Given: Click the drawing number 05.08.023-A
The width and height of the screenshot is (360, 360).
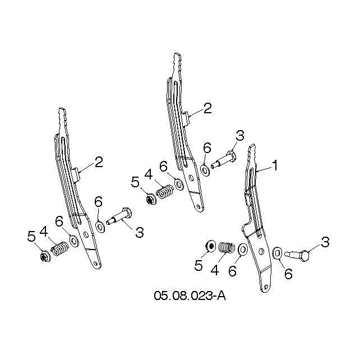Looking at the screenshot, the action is pos(190,296).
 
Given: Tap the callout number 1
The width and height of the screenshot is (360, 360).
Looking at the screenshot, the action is pos(275,165).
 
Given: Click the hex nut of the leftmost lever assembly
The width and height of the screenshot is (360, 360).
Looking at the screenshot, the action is pos(44,257).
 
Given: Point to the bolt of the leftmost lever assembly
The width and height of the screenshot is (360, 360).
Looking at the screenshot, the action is pos(119,216).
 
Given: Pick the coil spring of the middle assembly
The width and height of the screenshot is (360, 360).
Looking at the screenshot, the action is pos(165,191).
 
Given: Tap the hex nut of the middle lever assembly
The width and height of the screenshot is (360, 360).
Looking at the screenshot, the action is pos(151,199).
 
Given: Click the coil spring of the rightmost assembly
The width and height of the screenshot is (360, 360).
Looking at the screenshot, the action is pos(227,248).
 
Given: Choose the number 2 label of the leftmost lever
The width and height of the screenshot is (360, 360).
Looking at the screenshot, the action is pos(99,162).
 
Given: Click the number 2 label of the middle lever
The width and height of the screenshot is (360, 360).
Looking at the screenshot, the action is pos(207,108).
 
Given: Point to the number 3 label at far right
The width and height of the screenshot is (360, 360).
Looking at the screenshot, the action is pos(325,242).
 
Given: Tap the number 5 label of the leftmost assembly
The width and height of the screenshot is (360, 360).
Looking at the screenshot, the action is pos(31,236).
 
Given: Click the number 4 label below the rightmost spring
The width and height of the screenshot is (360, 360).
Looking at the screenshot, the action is pos(215,270).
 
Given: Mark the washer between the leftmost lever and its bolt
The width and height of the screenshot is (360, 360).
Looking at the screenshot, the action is pos(100,227).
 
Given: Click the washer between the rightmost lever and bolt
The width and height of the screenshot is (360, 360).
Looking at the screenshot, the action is pos(278,253).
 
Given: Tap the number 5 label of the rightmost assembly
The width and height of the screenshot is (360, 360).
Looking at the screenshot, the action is pos(199,265).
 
